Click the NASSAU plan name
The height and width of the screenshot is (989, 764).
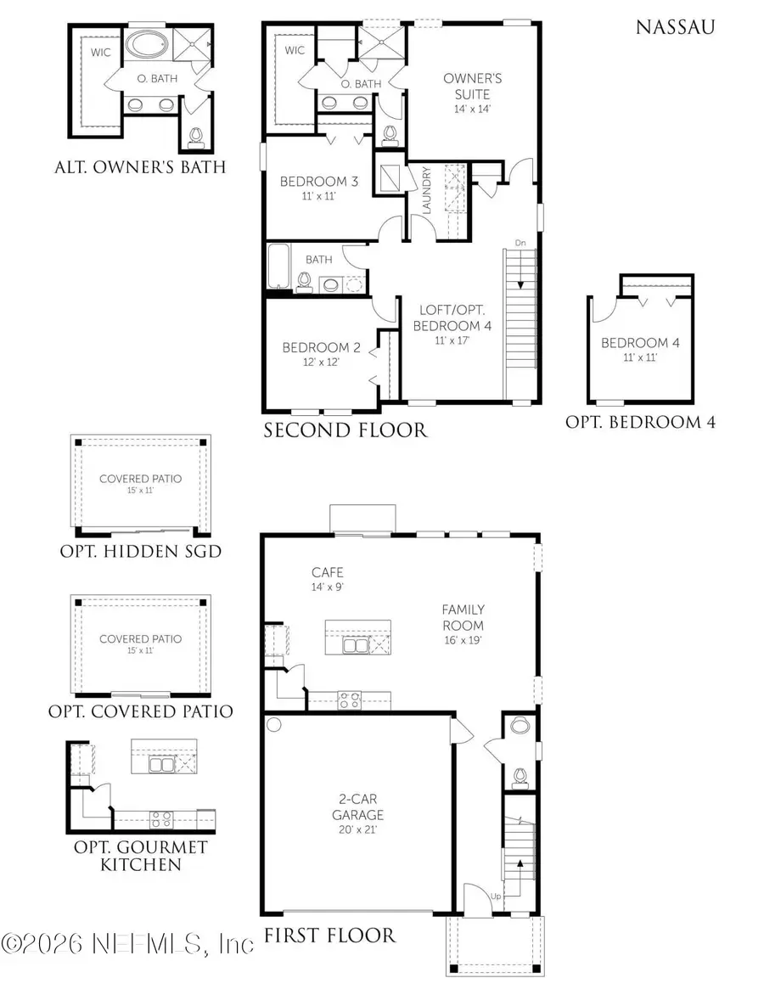pyautogui.click(x=675, y=28)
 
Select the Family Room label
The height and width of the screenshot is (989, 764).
pyautogui.click(x=463, y=617)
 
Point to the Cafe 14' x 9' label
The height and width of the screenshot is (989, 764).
pyautogui.click(x=327, y=579)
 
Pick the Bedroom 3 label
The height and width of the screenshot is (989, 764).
pyautogui.click(x=313, y=188)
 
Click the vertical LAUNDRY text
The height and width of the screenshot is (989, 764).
pyautogui.click(x=427, y=190)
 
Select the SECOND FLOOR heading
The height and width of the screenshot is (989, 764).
pyautogui.click(x=345, y=431)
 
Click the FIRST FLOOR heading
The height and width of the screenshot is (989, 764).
pyautogui.click(x=329, y=936)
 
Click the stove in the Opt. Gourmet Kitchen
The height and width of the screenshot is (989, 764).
pyautogui.click(x=161, y=819)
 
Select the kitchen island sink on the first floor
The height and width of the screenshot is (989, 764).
pyautogui.click(x=355, y=646)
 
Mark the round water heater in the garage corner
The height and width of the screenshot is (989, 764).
pyautogui.click(x=274, y=725)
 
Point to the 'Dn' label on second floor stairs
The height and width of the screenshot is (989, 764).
pyautogui.click(x=520, y=244)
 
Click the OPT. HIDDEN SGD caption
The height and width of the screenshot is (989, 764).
pyautogui.click(x=140, y=552)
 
